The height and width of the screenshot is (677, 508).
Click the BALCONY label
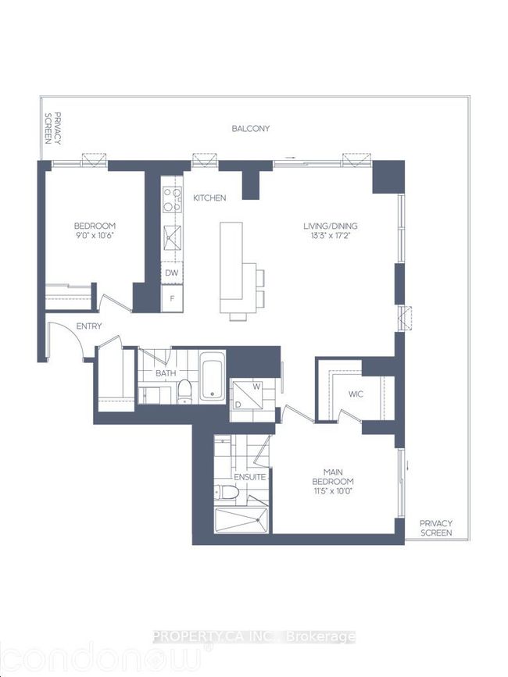click(x=251, y=128)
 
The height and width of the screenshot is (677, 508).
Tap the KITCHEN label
click(x=209, y=198)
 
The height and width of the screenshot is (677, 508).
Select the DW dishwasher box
click(x=172, y=273)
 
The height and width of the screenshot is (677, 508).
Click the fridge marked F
click(x=172, y=298)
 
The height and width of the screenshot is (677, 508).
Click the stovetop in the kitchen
click(x=172, y=199)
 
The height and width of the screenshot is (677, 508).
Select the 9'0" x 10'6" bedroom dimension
click(x=95, y=235)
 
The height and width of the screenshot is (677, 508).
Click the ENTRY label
click(x=89, y=326)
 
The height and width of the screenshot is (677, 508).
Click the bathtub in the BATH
click(x=213, y=376)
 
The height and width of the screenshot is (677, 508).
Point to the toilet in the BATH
click(x=185, y=391)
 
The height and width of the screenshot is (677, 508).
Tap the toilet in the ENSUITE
click(x=227, y=492)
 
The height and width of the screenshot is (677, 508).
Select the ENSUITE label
click(x=250, y=477)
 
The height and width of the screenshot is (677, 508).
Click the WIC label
click(x=356, y=394)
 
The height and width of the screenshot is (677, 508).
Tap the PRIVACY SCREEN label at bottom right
click(x=436, y=528)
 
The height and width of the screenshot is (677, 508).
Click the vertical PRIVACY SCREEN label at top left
click(x=52, y=128)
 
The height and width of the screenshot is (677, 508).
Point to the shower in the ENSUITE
click(x=241, y=520)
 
